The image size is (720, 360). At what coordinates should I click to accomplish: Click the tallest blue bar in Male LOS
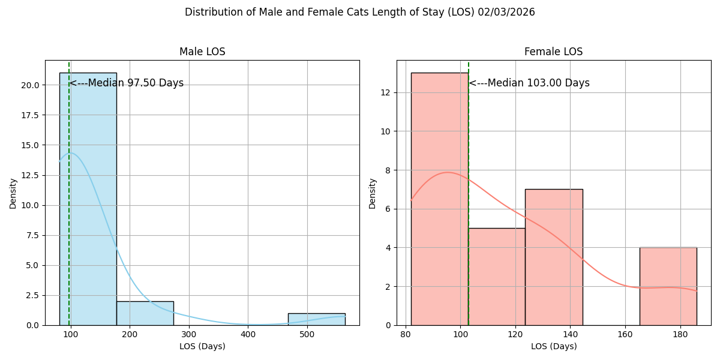[x=88, y=199]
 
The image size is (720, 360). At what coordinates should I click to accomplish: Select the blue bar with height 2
[x=145, y=313]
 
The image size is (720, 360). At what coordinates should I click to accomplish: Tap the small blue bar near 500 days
[x=317, y=319]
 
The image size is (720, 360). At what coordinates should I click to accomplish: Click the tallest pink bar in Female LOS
[x=440, y=199]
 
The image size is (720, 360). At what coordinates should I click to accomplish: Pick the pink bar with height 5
[x=497, y=277]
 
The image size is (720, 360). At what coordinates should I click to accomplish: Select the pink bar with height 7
[x=554, y=257]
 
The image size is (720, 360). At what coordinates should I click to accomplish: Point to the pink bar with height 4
[x=668, y=286]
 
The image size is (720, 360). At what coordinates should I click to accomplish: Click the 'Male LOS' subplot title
[x=202, y=52]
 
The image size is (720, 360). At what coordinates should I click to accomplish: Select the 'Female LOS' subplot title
[x=553, y=52]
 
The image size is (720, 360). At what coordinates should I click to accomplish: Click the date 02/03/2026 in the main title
[x=506, y=12]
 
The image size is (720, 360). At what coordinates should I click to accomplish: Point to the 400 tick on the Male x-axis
[x=248, y=334]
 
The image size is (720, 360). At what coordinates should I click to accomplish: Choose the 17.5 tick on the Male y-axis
[x=30, y=115]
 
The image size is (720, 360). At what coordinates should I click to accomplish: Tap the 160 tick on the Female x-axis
[x=625, y=334]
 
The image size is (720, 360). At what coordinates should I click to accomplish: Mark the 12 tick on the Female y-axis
[x=386, y=92]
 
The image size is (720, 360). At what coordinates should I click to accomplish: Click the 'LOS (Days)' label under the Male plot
[x=202, y=346]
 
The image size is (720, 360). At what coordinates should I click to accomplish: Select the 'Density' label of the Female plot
[x=372, y=194]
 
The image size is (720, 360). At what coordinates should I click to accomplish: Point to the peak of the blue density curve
[x=70, y=152]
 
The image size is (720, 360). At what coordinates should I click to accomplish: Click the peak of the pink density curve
[x=447, y=172]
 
